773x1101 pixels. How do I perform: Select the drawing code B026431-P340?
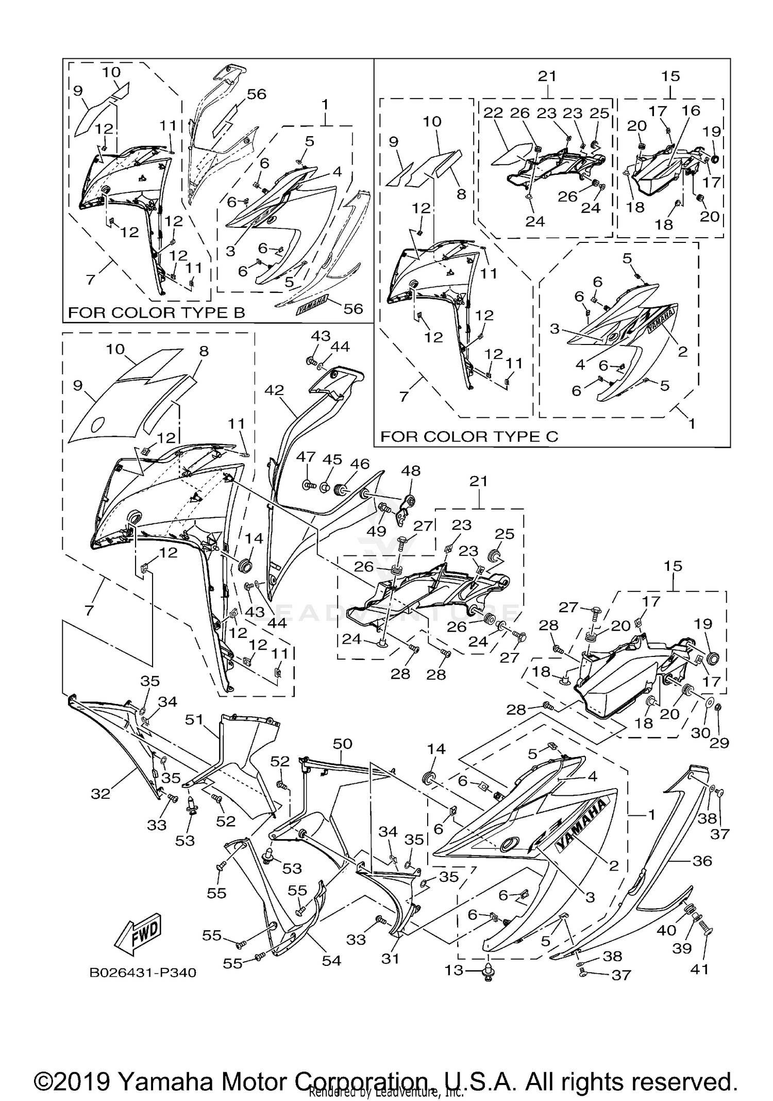pyautogui.click(x=143, y=973)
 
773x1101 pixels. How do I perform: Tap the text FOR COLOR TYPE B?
pyautogui.click(x=157, y=313)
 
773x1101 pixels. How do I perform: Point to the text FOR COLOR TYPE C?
pyautogui.click(x=469, y=436)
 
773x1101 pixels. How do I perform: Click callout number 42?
pyautogui.click(x=274, y=390)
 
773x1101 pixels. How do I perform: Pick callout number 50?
pyautogui.click(x=342, y=744)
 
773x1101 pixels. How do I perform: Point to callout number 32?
pyautogui.click(x=100, y=794)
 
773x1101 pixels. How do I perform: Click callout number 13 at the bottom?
pyautogui.click(x=454, y=971)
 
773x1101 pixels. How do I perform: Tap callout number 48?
pyautogui.click(x=411, y=471)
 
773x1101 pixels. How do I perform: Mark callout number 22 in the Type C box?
pyautogui.click(x=493, y=113)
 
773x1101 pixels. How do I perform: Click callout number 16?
pyautogui.click(x=691, y=110)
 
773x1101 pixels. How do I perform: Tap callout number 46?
pyautogui.click(x=360, y=464)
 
